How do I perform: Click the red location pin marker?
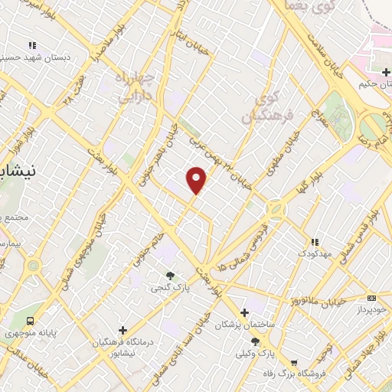198,179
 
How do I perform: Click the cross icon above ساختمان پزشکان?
244,312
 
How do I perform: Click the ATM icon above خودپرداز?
372,298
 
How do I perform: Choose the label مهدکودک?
314,253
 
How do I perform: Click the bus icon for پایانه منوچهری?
31,321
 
